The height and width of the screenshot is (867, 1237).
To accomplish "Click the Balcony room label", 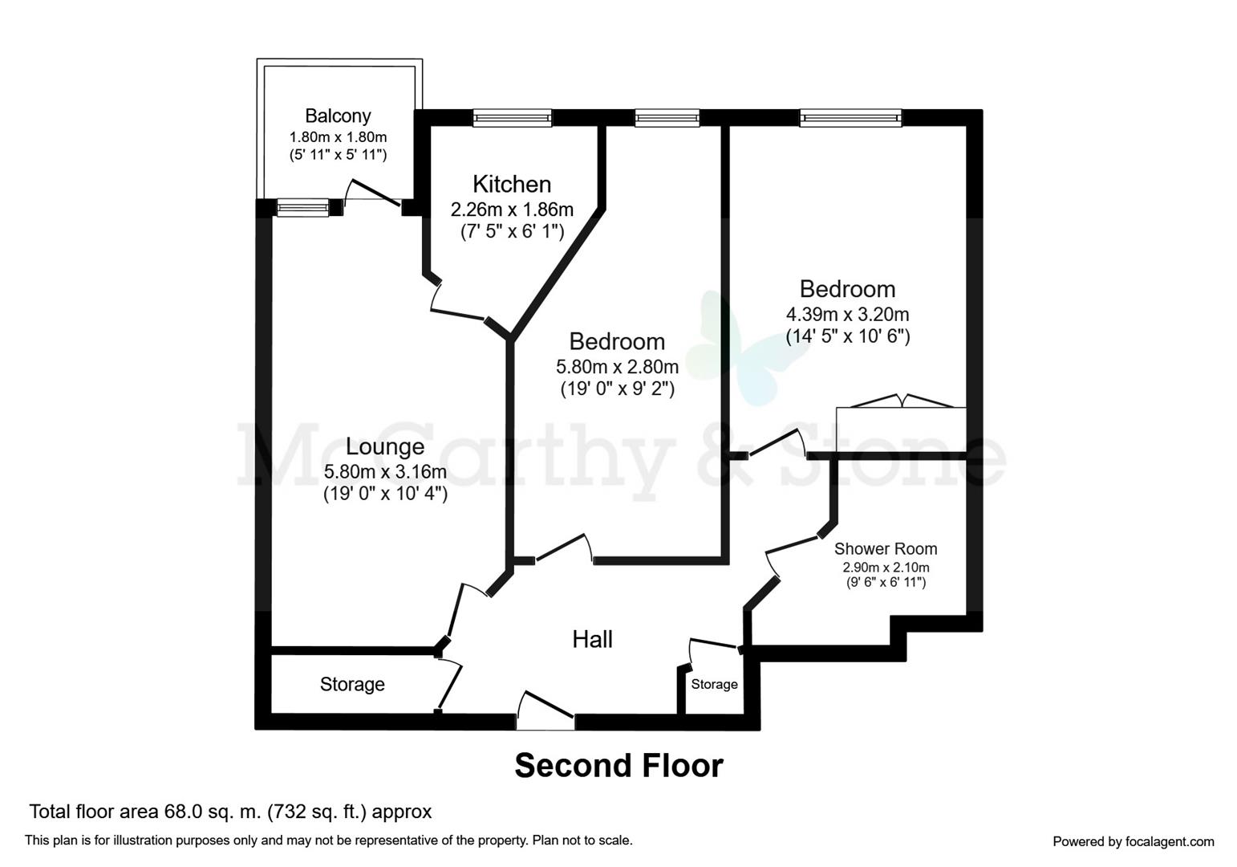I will point(338,116).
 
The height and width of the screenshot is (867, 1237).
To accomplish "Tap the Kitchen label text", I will point(512,184).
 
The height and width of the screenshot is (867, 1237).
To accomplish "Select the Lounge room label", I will point(385,446).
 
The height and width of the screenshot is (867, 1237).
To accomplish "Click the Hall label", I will point(592,639).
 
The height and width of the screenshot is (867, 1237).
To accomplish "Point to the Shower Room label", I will point(886,549).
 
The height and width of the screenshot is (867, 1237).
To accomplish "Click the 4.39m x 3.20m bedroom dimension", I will point(847,314).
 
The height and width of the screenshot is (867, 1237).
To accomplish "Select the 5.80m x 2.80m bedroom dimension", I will point(617,367).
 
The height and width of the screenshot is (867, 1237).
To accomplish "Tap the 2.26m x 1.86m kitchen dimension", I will point(512,210).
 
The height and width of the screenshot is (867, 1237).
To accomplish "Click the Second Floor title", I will point(618,766).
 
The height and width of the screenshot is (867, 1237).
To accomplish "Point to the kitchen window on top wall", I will point(512,119).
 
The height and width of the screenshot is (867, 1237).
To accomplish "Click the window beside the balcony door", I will point(303,209).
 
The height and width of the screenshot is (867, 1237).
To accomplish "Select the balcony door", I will point(373,195).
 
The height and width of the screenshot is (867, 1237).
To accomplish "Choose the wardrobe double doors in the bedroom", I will point(901,401).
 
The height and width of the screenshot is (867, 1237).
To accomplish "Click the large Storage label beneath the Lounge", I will point(352,684).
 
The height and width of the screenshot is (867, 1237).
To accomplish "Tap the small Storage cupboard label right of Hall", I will point(714,684).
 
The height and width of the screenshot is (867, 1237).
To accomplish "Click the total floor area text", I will point(230,812).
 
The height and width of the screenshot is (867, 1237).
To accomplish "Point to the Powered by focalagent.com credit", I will point(1133,841).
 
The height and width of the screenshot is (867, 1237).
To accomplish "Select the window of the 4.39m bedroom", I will point(850,119).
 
